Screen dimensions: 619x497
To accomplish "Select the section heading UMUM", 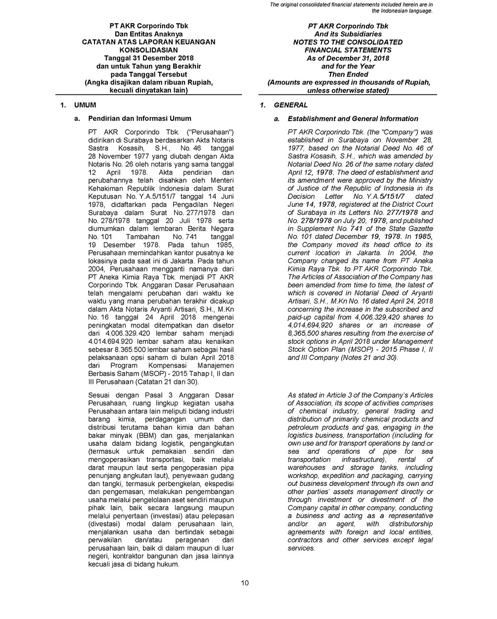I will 85,105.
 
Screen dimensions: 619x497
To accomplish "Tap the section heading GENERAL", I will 291,105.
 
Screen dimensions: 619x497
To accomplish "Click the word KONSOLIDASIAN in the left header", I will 148,50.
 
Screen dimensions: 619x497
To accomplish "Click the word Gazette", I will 420,229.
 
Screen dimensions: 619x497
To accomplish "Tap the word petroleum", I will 303,428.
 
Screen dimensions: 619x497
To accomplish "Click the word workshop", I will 303,476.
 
